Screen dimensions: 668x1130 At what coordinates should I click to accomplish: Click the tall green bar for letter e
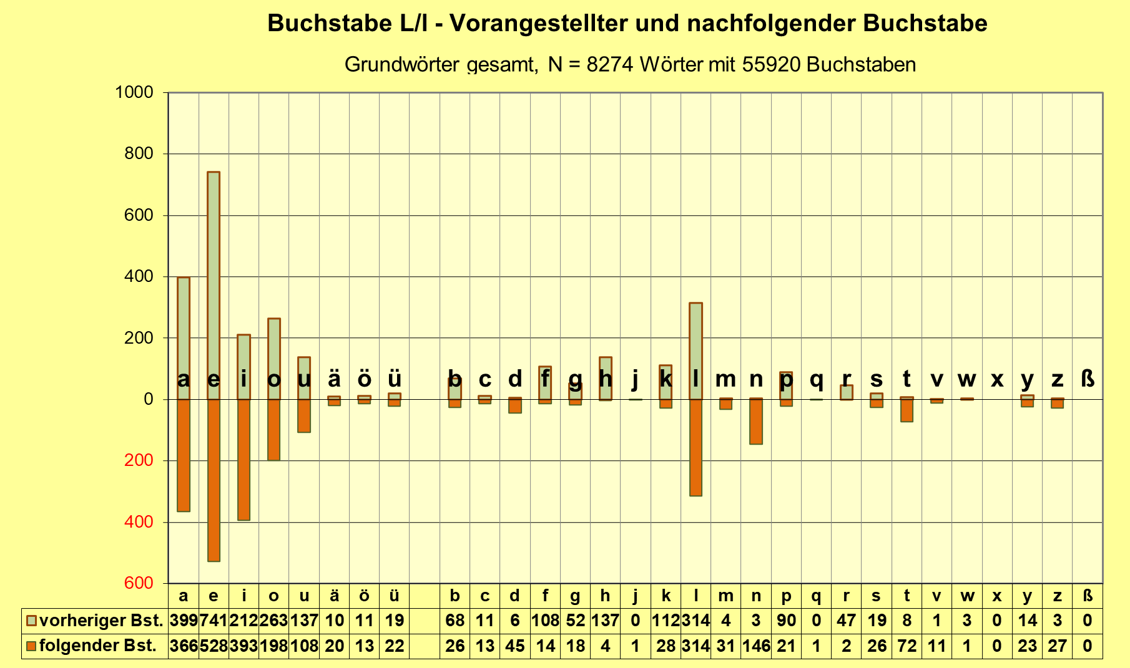click(x=214, y=281)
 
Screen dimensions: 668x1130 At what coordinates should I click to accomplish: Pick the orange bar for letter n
click(x=756, y=422)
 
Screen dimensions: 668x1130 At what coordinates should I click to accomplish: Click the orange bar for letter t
click(x=906, y=410)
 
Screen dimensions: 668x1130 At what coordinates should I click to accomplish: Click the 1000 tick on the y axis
click(x=134, y=92)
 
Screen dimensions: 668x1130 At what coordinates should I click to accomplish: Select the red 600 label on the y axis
click(x=138, y=583)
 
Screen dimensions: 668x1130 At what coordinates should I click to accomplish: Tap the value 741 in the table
click(x=214, y=621)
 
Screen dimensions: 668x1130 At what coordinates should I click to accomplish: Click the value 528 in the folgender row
click(x=214, y=646)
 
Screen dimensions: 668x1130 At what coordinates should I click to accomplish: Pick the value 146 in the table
click(x=756, y=646)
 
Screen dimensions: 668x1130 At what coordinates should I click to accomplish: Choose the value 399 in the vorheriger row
click(x=184, y=621)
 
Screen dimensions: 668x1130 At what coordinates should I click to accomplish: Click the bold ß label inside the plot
click(x=1088, y=379)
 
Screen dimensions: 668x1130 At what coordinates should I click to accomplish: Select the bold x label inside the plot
click(x=997, y=379)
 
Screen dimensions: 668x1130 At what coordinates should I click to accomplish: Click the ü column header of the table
click(x=394, y=596)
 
